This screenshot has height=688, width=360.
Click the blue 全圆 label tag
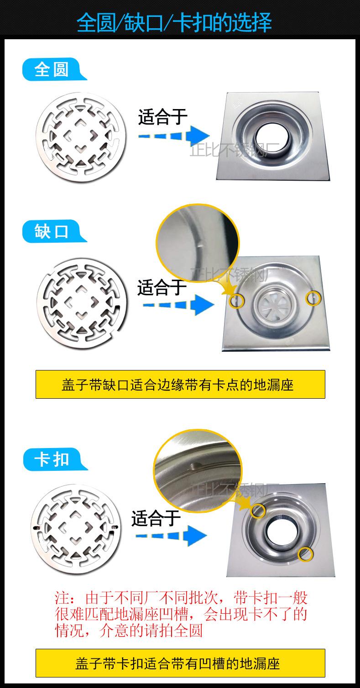click(52, 70)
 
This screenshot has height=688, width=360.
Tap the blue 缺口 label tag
click(52, 231)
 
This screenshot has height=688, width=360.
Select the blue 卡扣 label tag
click(52, 459)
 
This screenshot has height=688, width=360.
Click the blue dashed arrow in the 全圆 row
click(173, 136)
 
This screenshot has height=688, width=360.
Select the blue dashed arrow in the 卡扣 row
click(172, 535)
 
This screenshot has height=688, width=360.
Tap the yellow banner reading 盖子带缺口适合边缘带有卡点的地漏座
click(180, 384)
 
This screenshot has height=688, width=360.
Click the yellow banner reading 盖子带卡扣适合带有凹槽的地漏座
click(180, 662)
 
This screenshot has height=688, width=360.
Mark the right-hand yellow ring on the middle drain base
click(313, 298)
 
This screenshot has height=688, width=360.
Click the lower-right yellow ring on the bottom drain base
click(305, 554)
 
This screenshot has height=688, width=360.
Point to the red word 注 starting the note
click(62, 598)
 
